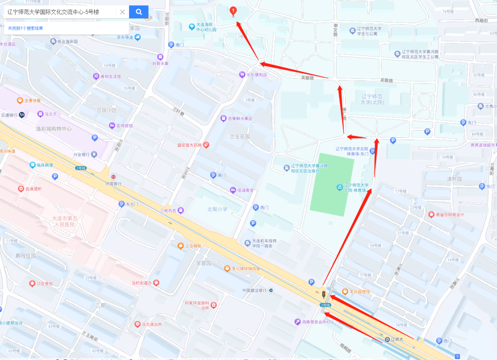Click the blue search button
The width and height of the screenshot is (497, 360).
[x=139, y=12]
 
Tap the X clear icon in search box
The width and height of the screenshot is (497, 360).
[x=122, y=12]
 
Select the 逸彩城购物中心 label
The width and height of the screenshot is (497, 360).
[x=53, y=129]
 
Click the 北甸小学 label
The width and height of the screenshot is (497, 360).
[x=217, y=209]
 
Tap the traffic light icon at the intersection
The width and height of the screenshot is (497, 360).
[x=324, y=293]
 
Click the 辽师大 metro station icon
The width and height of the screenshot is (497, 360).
[x=387, y=340]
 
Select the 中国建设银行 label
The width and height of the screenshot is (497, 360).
[x=255, y=290]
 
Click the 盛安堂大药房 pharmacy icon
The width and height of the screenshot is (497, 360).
[x=207, y=145]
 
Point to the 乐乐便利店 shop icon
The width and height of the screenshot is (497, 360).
[x=242, y=74]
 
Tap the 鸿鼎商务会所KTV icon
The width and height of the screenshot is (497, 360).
[x=297, y=322]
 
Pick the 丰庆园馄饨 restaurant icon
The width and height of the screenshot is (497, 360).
[x=345, y=291]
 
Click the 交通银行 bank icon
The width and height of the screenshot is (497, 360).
[x=22, y=115]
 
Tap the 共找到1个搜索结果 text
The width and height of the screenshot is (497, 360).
[x=26, y=28]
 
